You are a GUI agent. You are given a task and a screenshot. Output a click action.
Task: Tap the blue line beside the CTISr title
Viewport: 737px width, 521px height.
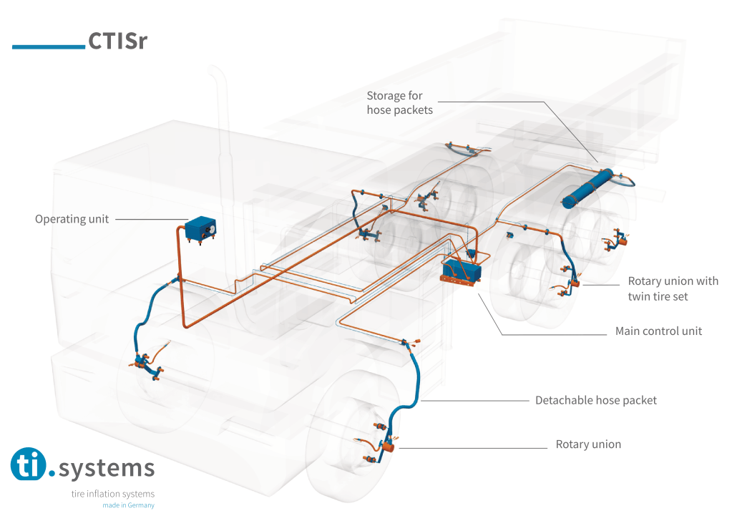coord(49,47)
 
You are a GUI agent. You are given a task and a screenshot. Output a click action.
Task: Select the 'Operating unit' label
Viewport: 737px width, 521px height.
coord(72,219)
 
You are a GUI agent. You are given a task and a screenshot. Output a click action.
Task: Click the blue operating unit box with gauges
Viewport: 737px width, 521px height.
coord(200,230)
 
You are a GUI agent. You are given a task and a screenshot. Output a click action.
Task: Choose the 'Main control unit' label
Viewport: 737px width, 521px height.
coord(658,331)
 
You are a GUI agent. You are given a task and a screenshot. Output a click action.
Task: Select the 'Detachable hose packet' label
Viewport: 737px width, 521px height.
coord(595,400)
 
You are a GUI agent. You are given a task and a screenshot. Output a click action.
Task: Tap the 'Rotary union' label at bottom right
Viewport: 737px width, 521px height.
coord(588,444)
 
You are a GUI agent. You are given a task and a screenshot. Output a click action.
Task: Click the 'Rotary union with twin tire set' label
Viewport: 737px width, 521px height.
coord(673,288)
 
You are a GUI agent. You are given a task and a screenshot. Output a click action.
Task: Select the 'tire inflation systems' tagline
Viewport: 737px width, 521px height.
coord(112,494)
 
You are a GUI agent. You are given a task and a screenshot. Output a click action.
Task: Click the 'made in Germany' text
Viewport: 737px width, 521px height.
coord(128,505)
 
